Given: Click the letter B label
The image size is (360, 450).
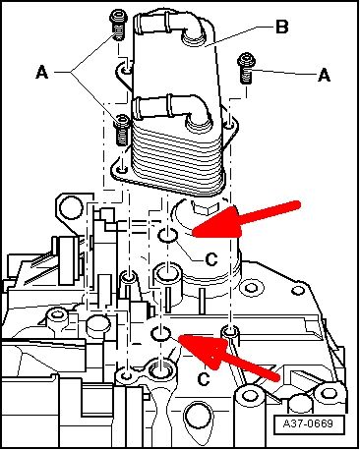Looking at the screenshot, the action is pos(282,27).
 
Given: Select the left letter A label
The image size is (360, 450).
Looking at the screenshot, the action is pos(42,72).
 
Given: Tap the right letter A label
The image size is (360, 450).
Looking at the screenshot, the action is pos(324,75).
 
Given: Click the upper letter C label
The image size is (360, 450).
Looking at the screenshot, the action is pos(211,259).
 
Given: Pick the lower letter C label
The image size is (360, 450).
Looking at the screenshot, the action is pos(204,379).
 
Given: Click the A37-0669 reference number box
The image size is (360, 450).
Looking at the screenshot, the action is pos(309,423).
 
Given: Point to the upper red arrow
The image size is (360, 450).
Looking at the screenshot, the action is pos(246,219).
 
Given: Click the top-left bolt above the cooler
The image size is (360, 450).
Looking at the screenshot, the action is pos(118,25).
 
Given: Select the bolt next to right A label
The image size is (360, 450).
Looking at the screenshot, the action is pos(246,68).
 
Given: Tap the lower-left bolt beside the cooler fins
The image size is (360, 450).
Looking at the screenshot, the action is pos(122,130).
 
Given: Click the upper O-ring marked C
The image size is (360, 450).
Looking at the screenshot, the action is pos(168,235).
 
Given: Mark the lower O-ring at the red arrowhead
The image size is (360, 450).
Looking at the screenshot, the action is pos(160,333).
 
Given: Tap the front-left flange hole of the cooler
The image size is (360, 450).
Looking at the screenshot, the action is pos(123,170).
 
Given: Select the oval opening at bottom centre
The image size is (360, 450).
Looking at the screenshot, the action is pos(198,416).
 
